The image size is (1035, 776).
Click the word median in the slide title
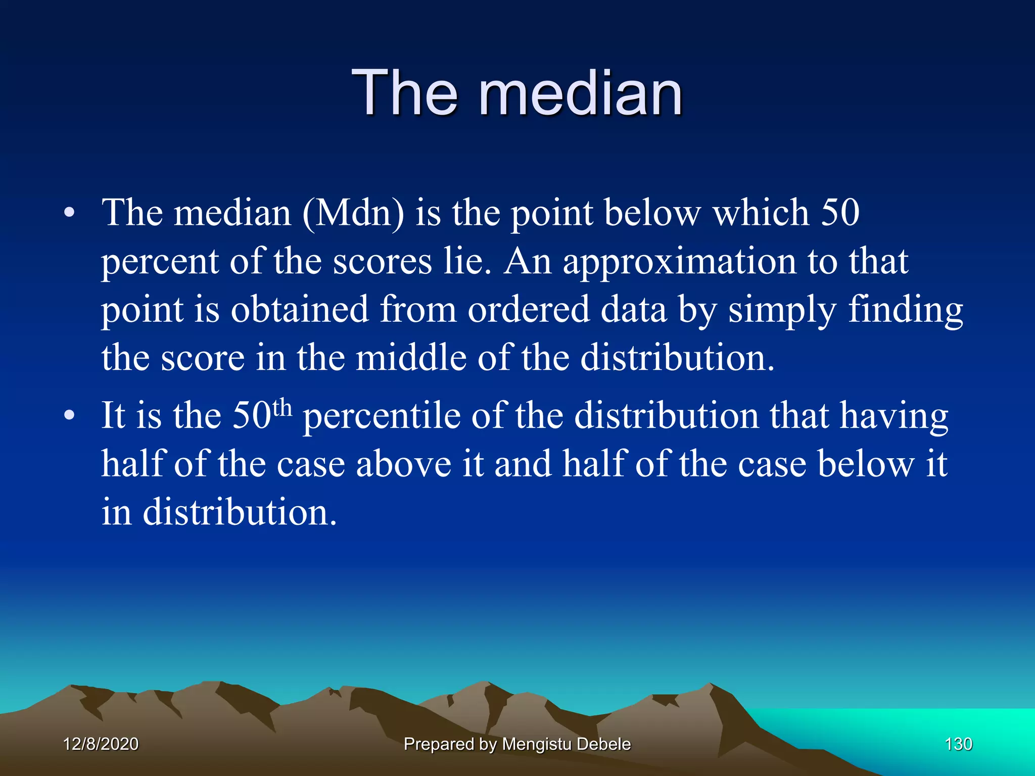[581, 93]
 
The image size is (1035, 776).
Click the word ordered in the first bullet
[528, 309]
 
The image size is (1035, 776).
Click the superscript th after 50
[282, 407]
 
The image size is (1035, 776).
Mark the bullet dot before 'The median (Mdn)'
[69, 214]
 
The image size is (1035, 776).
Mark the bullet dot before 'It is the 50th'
[69, 416]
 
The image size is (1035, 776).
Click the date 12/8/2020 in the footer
[101, 744]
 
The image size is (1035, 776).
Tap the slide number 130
[958, 744]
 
